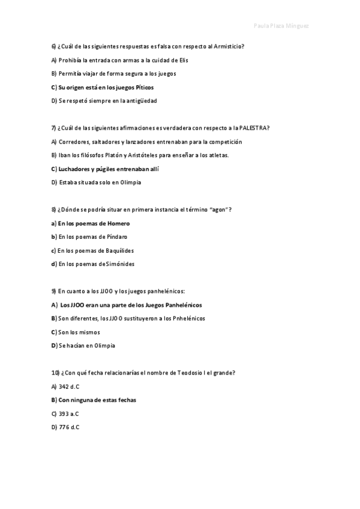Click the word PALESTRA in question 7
(x=253, y=128)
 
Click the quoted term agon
(x=218, y=210)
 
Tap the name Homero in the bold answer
(x=118, y=223)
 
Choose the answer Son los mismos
(x=79, y=332)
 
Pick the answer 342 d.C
(x=69, y=387)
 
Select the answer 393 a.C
(x=69, y=414)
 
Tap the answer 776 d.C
(x=69, y=427)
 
